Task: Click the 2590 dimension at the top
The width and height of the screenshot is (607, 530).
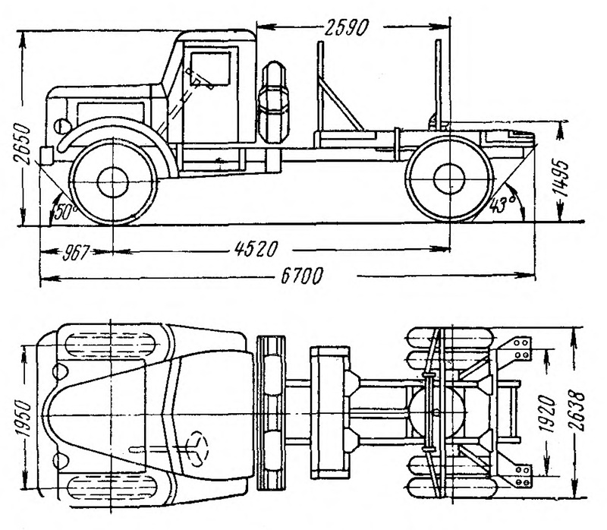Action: coord(347,27)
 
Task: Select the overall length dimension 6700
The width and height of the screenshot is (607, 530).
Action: coord(301,276)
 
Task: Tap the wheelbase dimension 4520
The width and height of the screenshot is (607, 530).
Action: coord(256,249)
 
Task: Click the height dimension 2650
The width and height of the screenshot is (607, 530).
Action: coord(21,144)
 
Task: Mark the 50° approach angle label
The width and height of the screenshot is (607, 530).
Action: coord(65,212)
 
